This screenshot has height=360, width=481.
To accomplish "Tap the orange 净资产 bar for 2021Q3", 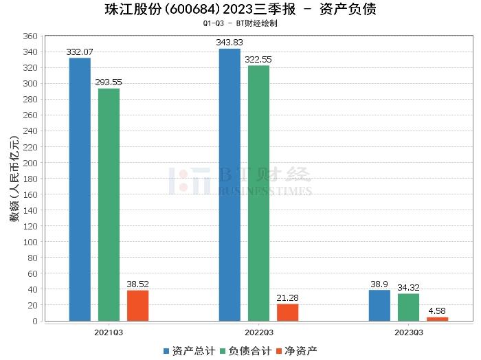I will click(x=137, y=305).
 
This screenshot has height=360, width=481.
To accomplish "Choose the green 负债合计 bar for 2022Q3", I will click(x=258, y=193).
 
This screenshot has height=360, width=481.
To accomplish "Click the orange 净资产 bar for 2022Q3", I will click(x=287, y=312).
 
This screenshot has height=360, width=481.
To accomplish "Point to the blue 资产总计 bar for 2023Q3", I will click(x=379, y=305).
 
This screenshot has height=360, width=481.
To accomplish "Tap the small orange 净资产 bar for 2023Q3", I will click(x=437, y=319).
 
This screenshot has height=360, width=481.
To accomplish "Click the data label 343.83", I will click(x=230, y=43).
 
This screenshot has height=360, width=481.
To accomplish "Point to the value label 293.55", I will click(x=109, y=82).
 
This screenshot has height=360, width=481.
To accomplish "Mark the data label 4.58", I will click(x=437, y=311).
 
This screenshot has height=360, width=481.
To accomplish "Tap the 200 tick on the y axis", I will click(x=30, y=163).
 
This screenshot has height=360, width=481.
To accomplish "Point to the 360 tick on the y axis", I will click(x=30, y=36).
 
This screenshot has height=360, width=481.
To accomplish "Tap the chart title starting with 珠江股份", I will click(x=240, y=10).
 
